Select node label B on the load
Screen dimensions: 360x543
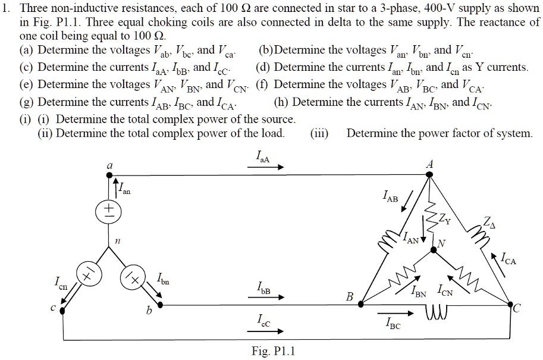350,296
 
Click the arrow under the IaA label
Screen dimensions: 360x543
265,167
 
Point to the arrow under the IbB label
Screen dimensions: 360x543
265,297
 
